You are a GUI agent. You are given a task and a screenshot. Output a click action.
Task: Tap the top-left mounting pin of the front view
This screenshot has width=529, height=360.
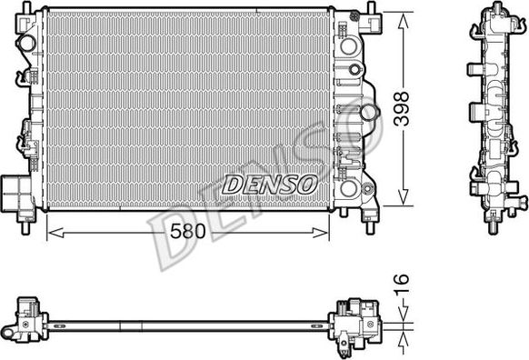(x=26, y=8)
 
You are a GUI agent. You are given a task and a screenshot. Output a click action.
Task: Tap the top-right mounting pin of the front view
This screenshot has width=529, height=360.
(x=373, y=8)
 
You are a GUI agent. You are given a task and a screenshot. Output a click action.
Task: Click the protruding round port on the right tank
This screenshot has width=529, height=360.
(x=368, y=112)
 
